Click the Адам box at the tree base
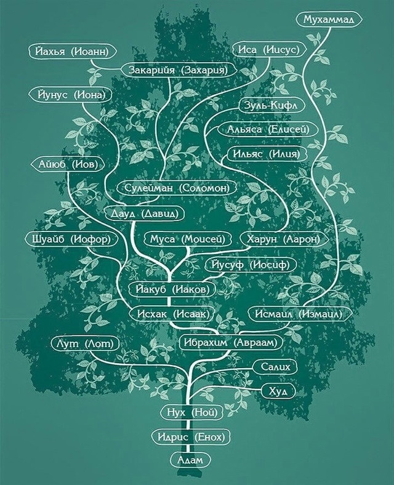tap(190, 460)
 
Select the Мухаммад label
tap(329, 20)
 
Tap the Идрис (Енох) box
tap(191, 437)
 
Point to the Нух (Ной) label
tap(192, 412)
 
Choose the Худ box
tap(278, 391)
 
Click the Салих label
tap(276, 367)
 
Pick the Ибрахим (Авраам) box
tap(228, 342)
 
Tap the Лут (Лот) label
tap(85, 343)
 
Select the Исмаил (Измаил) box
tap(299, 314)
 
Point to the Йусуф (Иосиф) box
tap(251, 265)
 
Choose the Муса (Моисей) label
tap(188, 239)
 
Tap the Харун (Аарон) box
tap(283, 239)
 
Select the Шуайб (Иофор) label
tap(71, 239)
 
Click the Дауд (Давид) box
tap(144, 214)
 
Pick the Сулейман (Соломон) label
tap(177, 188)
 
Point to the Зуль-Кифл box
tap(271, 105)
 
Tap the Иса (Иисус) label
tap(268, 49)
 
